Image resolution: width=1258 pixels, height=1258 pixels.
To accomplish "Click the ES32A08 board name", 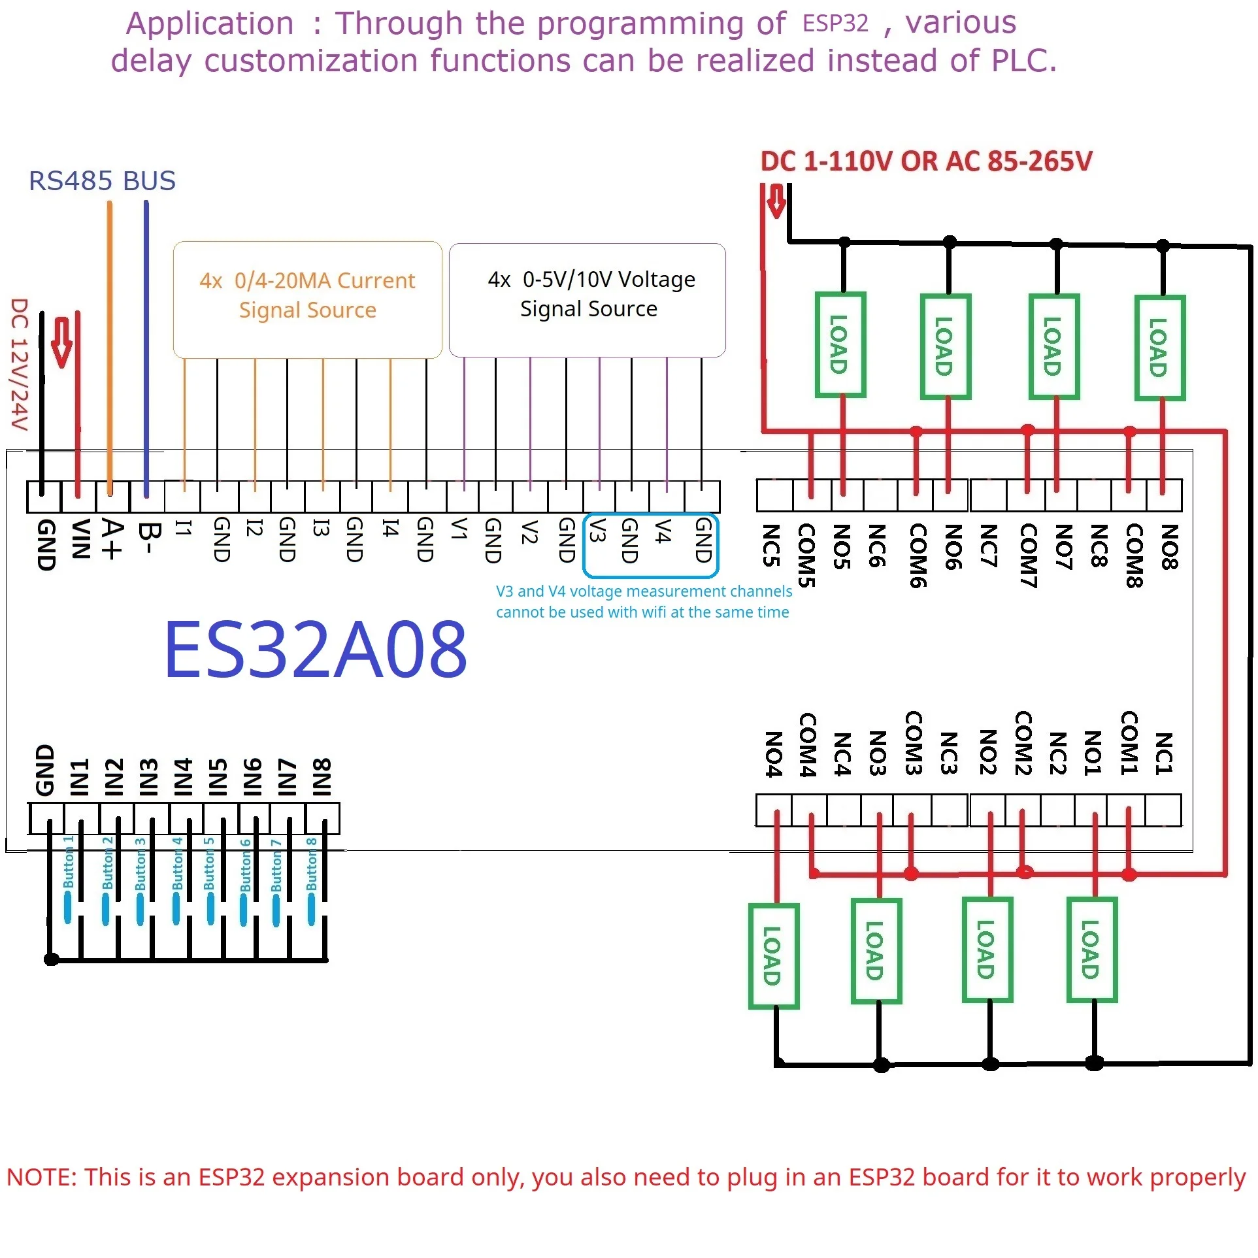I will pos(316,650).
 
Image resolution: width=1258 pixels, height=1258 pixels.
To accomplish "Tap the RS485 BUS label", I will pos(102,181).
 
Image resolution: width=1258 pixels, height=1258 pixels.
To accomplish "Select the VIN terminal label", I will pos(80,539).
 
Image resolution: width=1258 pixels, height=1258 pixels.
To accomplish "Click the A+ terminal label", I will pos(112,540).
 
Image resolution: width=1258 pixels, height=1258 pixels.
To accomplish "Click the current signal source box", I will pos(307,299).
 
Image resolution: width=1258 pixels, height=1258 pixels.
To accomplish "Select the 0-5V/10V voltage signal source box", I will pos(587,299).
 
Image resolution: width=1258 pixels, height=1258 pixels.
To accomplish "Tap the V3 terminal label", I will pos(596,530).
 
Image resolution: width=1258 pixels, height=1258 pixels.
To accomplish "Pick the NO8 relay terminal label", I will pos(1169,547).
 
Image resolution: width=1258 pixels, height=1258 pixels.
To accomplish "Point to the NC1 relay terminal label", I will pos(1163,753).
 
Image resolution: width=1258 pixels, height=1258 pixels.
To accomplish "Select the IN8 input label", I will pos(322,777).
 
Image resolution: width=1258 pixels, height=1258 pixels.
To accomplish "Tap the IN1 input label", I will pos(79,777).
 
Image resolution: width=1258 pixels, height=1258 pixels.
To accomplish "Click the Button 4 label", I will pos(177,863).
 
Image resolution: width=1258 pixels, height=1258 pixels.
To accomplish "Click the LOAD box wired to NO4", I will pos(773,955).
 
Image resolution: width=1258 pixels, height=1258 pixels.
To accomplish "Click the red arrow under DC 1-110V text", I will pos(776,201).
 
